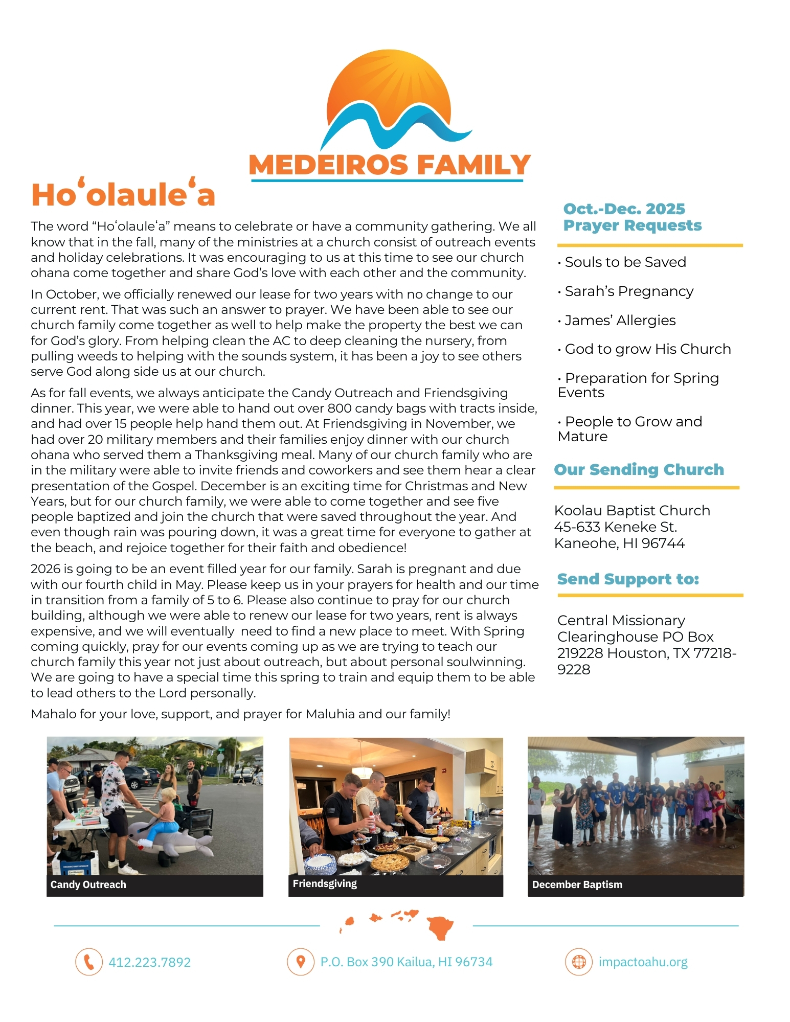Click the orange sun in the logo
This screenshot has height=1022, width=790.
pos(389,82)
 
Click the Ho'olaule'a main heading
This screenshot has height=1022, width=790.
pos(123,195)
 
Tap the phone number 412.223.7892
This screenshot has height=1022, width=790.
pos(149,962)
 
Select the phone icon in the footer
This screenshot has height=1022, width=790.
pos(89,962)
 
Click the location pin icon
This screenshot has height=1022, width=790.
pos(301,962)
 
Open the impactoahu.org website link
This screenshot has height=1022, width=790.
pos(643,962)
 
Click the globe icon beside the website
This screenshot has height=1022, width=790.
pos(578,962)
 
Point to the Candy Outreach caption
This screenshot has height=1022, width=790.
pos(88,884)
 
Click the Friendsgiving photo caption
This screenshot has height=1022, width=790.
pos(325,883)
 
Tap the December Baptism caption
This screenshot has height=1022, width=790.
pos(577,884)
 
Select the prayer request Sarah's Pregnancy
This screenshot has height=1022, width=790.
pos(629,291)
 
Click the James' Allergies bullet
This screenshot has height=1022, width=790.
pos(620,321)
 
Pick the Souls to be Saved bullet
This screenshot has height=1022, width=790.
pos(625,262)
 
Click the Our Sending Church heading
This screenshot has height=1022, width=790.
pos(639,469)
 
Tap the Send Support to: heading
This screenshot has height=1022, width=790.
pos(628,579)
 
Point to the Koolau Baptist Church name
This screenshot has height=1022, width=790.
pos(632,511)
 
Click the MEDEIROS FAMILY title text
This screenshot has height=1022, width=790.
pos(390,165)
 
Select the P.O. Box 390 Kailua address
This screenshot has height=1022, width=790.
pos(406,962)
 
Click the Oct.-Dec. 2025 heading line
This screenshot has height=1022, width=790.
pos(624,209)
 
